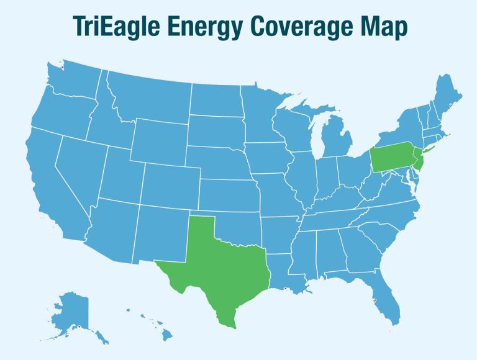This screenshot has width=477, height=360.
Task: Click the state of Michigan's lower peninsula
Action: click(x=335, y=140)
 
